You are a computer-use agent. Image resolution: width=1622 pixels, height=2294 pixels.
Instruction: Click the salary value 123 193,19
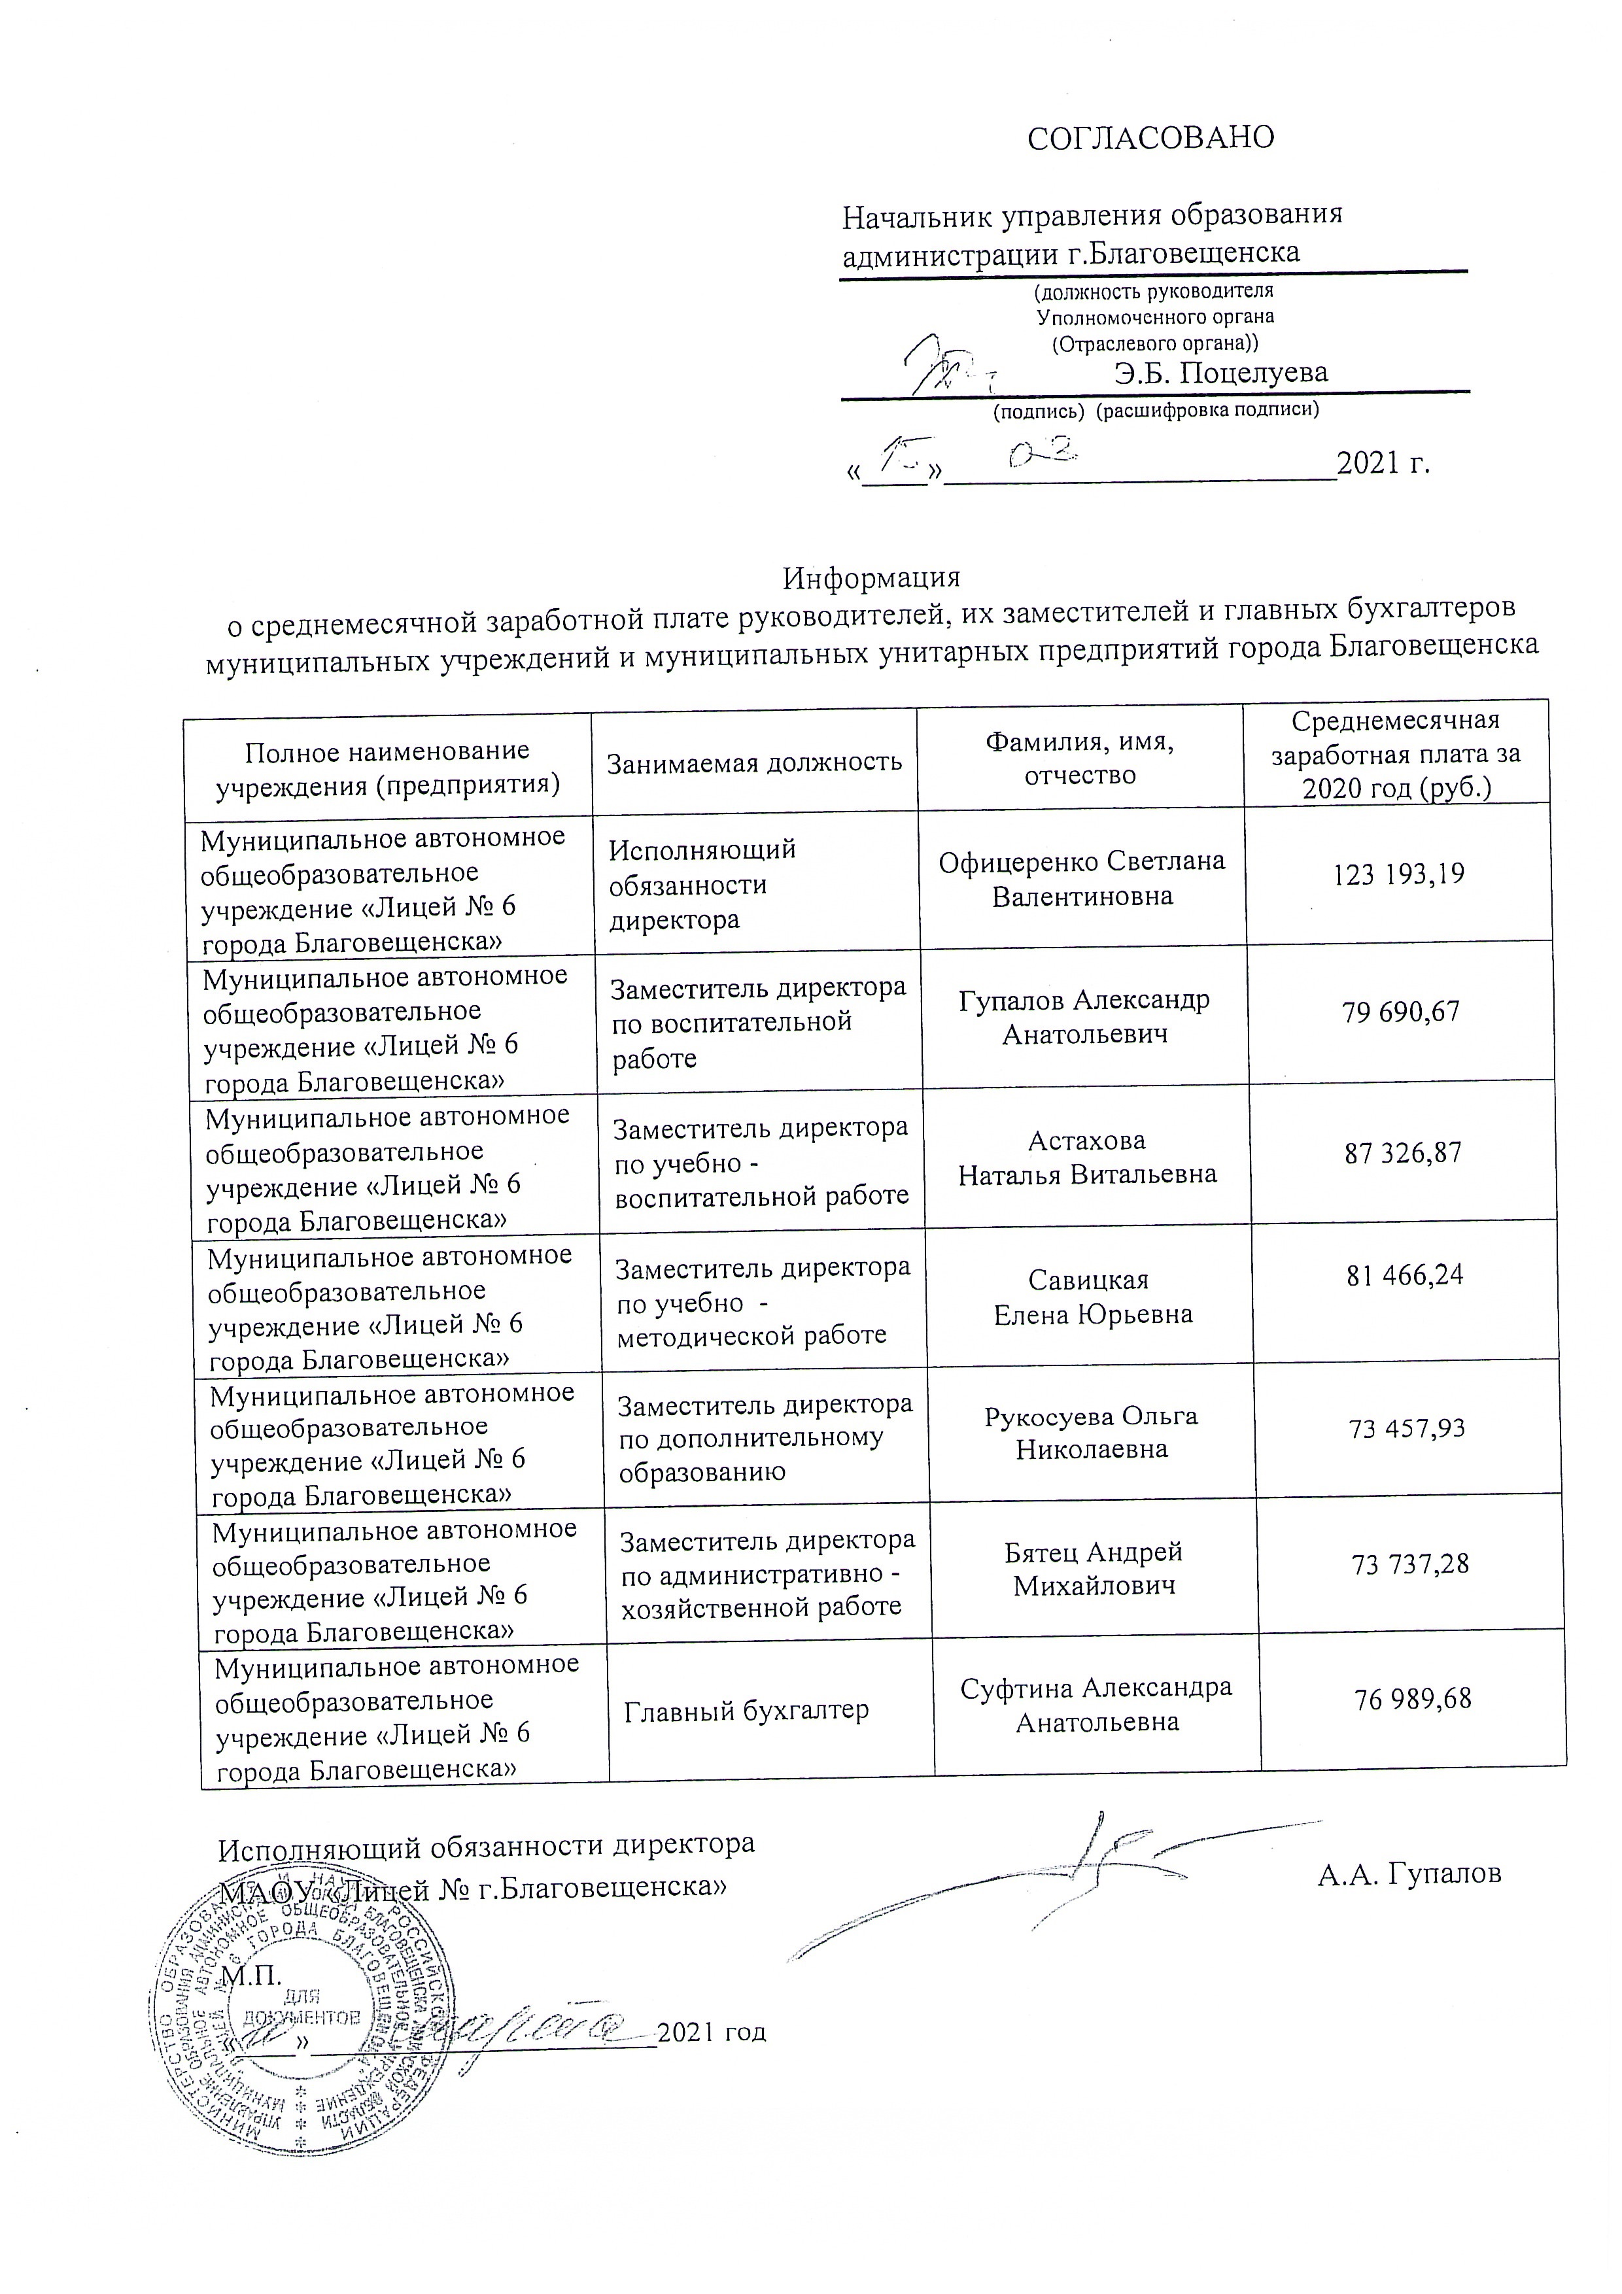[1398, 874]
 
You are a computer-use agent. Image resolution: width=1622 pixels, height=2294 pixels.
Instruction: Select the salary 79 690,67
[1400, 1012]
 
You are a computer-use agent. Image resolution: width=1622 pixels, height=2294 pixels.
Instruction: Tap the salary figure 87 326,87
[1403, 1153]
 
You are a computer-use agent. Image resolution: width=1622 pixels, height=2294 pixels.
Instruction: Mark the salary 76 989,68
[1412, 1698]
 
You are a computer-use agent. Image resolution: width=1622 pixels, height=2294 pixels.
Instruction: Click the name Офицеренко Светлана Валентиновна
[1081, 878]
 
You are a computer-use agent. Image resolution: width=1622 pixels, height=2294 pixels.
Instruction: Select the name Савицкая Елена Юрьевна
[1092, 1297]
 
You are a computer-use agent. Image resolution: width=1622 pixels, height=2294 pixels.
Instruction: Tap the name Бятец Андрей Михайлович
[1094, 1569]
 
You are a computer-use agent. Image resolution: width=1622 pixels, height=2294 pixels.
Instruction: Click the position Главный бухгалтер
[746, 1711]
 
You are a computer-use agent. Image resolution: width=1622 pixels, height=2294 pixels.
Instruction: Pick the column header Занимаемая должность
[755, 762]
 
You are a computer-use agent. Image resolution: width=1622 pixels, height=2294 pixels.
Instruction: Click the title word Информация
[871, 577]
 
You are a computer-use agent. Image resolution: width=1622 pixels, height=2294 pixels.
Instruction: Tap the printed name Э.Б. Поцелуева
[1220, 373]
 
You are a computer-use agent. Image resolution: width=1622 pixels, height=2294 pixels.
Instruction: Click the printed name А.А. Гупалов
[1408, 1874]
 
